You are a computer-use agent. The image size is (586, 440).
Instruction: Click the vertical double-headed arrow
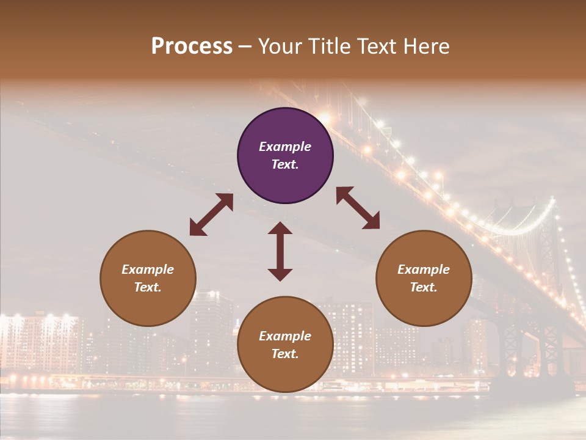pyautogui.click(x=280, y=251)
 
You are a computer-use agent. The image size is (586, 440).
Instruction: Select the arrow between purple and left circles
pyautogui.click(x=211, y=215)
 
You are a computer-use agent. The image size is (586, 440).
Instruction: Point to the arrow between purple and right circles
pyautogui.click(x=358, y=208)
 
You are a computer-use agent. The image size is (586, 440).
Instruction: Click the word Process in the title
pyautogui.click(x=192, y=46)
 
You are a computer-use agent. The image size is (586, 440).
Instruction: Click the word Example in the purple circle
pyautogui.click(x=285, y=147)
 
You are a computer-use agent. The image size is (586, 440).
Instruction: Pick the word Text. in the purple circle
pyautogui.click(x=285, y=164)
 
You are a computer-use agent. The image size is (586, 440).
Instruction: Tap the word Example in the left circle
pyautogui.click(x=148, y=269)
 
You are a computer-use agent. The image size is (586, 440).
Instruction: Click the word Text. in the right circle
pyautogui.click(x=424, y=287)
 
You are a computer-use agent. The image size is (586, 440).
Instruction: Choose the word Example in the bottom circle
pyautogui.click(x=285, y=336)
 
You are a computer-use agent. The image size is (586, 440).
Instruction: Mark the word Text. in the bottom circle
pyautogui.click(x=285, y=354)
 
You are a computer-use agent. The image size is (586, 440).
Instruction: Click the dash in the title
pyautogui.click(x=245, y=46)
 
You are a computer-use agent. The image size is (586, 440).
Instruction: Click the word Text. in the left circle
pyautogui.click(x=148, y=287)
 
